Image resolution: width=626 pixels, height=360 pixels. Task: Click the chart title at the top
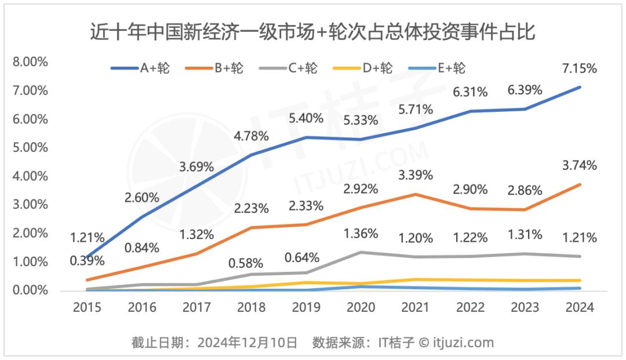[312, 31]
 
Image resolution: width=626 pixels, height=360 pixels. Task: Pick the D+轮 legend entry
[363, 68]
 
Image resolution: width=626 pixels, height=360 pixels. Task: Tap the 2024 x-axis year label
[580, 307]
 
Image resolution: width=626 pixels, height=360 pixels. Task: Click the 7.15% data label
[580, 68]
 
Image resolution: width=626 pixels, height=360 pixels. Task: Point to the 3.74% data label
[580, 166]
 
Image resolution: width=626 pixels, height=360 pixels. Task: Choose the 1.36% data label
[361, 234]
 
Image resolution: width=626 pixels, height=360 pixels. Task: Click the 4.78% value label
[252, 137]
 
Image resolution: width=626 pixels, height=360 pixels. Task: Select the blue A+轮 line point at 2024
[580, 87]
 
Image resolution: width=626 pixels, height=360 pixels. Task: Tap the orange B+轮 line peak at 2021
[414, 194]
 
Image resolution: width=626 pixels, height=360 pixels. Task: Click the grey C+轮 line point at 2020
[361, 252]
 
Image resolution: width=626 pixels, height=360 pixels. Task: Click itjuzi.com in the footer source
[461, 342]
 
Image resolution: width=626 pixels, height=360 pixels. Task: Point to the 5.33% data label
[361, 121]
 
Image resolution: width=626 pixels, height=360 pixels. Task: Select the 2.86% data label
[526, 190]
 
